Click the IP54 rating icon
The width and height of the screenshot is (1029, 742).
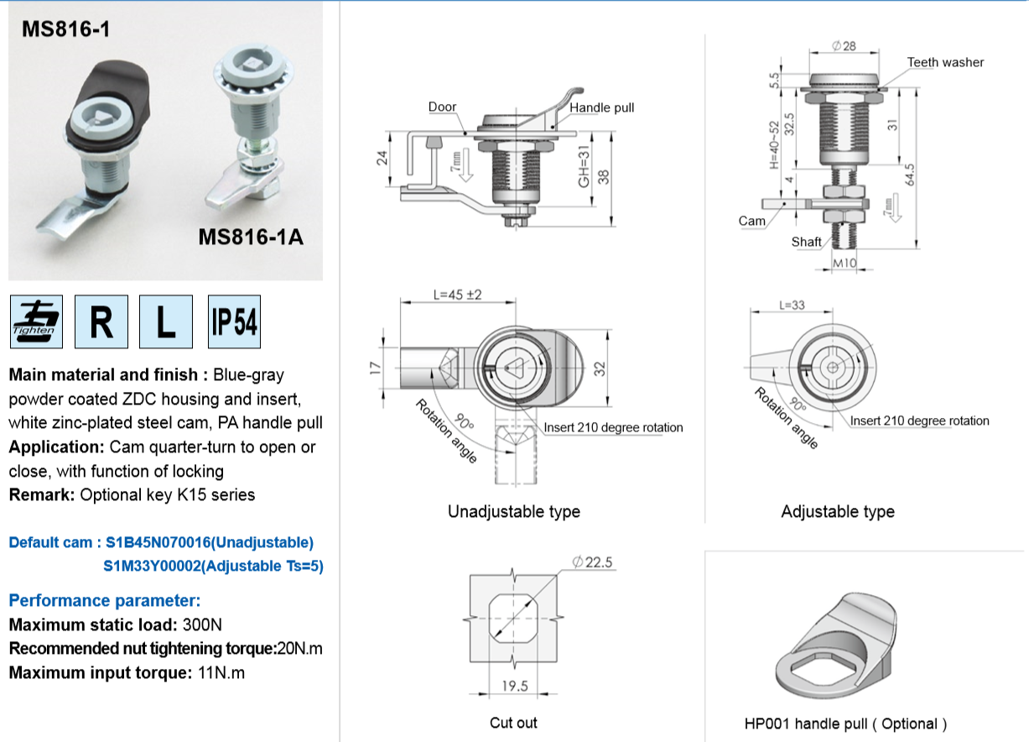point(234,321)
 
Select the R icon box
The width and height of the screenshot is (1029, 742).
point(101,321)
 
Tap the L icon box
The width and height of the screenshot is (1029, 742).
point(166,321)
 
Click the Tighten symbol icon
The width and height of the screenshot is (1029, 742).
point(36,321)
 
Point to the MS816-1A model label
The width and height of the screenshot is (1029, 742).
point(251,238)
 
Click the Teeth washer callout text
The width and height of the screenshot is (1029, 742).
point(945,62)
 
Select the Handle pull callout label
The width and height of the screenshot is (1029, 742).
point(602,107)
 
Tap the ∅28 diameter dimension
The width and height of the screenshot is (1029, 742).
point(844,45)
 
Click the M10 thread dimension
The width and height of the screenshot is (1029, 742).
point(845,263)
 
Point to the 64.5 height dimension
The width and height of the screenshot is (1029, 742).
point(910,175)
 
